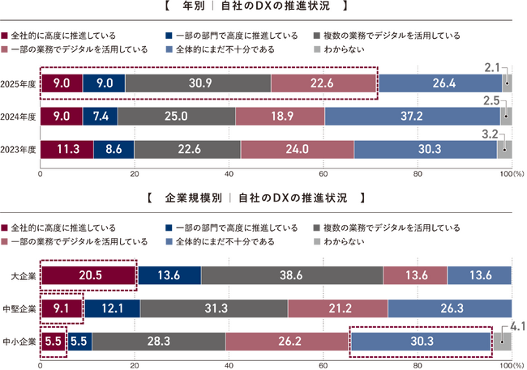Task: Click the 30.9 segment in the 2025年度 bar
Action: coord(198,83)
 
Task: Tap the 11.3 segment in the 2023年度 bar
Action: coord(66,149)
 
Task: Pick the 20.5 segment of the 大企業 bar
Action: coord(88,275)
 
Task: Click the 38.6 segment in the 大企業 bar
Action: coord(292,275)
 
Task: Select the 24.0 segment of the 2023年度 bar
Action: coord(297,149)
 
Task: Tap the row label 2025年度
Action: coord(19,83)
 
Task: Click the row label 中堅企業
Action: coord(19,308)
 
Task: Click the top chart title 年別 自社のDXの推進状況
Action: coord(263,7)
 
